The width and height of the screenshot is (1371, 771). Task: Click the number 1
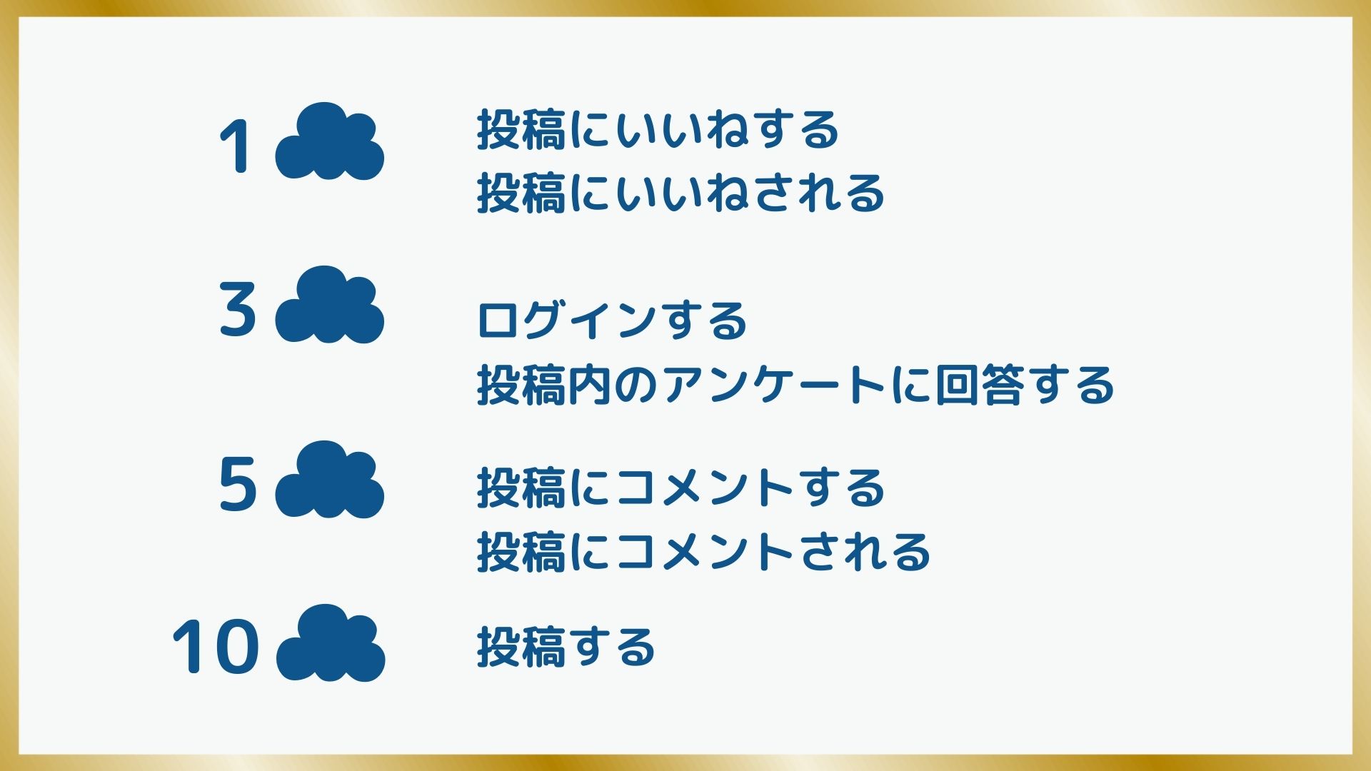pos(235,147)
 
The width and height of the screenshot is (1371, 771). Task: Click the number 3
pos(237,310)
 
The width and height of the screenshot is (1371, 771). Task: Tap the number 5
pos(237,484)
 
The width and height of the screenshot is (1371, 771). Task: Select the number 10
pos(215,647)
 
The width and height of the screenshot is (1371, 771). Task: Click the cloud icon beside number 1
pos(330,141)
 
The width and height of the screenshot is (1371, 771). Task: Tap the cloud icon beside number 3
pos(330,305)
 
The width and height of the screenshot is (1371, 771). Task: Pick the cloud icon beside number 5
pos(330,479)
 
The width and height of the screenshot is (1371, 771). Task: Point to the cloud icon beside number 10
pos(331,642)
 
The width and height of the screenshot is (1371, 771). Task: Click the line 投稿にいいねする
pos(658,130)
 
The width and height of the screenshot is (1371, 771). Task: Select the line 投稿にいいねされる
pos(681,193)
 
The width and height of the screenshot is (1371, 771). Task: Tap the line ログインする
pos(612,320)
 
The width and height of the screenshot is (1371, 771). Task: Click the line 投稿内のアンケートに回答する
pos(795,385)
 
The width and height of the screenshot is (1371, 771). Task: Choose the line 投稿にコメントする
pos(681,488)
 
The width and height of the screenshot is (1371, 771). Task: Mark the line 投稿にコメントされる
pos(703,552)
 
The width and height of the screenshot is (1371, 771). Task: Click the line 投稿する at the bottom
pos(566,647)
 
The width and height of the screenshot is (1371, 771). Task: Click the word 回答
pos(978,385)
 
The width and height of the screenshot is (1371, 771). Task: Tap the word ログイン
pos(566,320)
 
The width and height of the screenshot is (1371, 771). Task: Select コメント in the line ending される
pos(703,552)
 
